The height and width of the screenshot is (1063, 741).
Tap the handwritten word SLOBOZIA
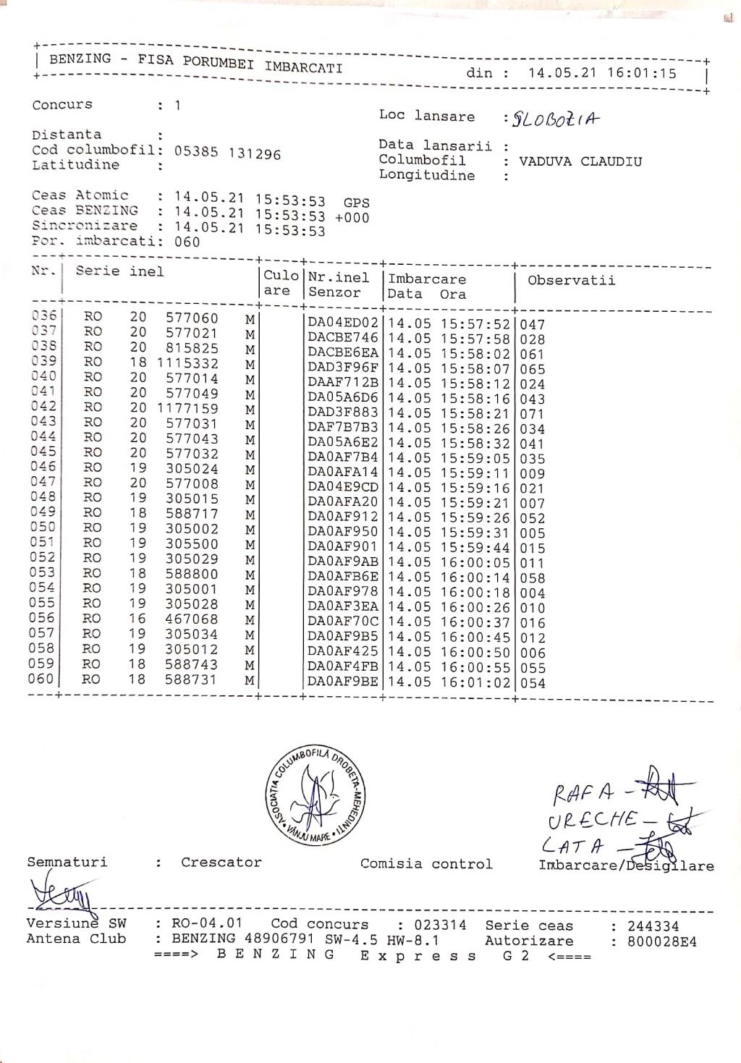(556, 119)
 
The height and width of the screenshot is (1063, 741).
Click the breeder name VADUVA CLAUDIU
(580, 161)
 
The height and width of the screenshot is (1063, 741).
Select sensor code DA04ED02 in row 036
(343, 323)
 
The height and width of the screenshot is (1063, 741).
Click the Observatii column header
(571, 280)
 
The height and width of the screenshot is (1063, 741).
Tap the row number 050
(42, 528)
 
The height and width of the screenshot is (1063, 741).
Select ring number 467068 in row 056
(191, 619)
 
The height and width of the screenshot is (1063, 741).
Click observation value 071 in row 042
(532, 414)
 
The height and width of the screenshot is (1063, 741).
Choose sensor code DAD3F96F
(343, 368)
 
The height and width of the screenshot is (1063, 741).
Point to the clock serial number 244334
(653, 926)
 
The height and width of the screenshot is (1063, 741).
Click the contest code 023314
(440, 925)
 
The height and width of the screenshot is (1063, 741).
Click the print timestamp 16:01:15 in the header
(642, 73)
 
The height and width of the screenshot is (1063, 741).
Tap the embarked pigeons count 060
(187, 242)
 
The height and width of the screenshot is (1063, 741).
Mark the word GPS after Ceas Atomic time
(356, 203)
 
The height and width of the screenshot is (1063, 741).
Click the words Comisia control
(425, 864)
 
